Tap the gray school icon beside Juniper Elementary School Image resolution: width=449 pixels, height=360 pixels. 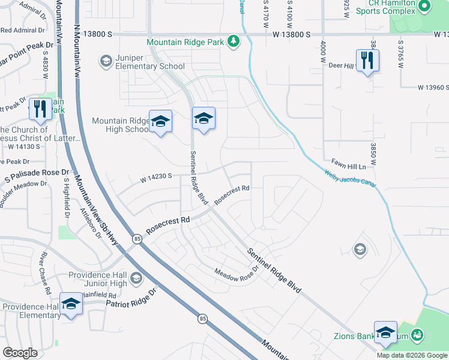point(106,61)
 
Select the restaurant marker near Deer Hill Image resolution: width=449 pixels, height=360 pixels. point(367,61)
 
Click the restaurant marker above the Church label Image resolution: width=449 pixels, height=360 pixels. point(40,109)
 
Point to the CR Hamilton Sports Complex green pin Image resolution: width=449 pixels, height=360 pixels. point(425,7)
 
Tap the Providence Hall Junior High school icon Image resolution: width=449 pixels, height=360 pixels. point(136,278)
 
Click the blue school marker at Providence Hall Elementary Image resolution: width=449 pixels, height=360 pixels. point(71,303)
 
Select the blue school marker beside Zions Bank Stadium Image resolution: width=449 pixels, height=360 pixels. point(385,332)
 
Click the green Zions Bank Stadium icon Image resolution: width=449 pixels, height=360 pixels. point(418,335)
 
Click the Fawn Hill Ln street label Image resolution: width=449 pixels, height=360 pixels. point(348,164)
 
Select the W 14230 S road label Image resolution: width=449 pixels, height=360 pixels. point(157,176)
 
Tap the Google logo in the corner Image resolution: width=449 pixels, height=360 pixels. point(20,353)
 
